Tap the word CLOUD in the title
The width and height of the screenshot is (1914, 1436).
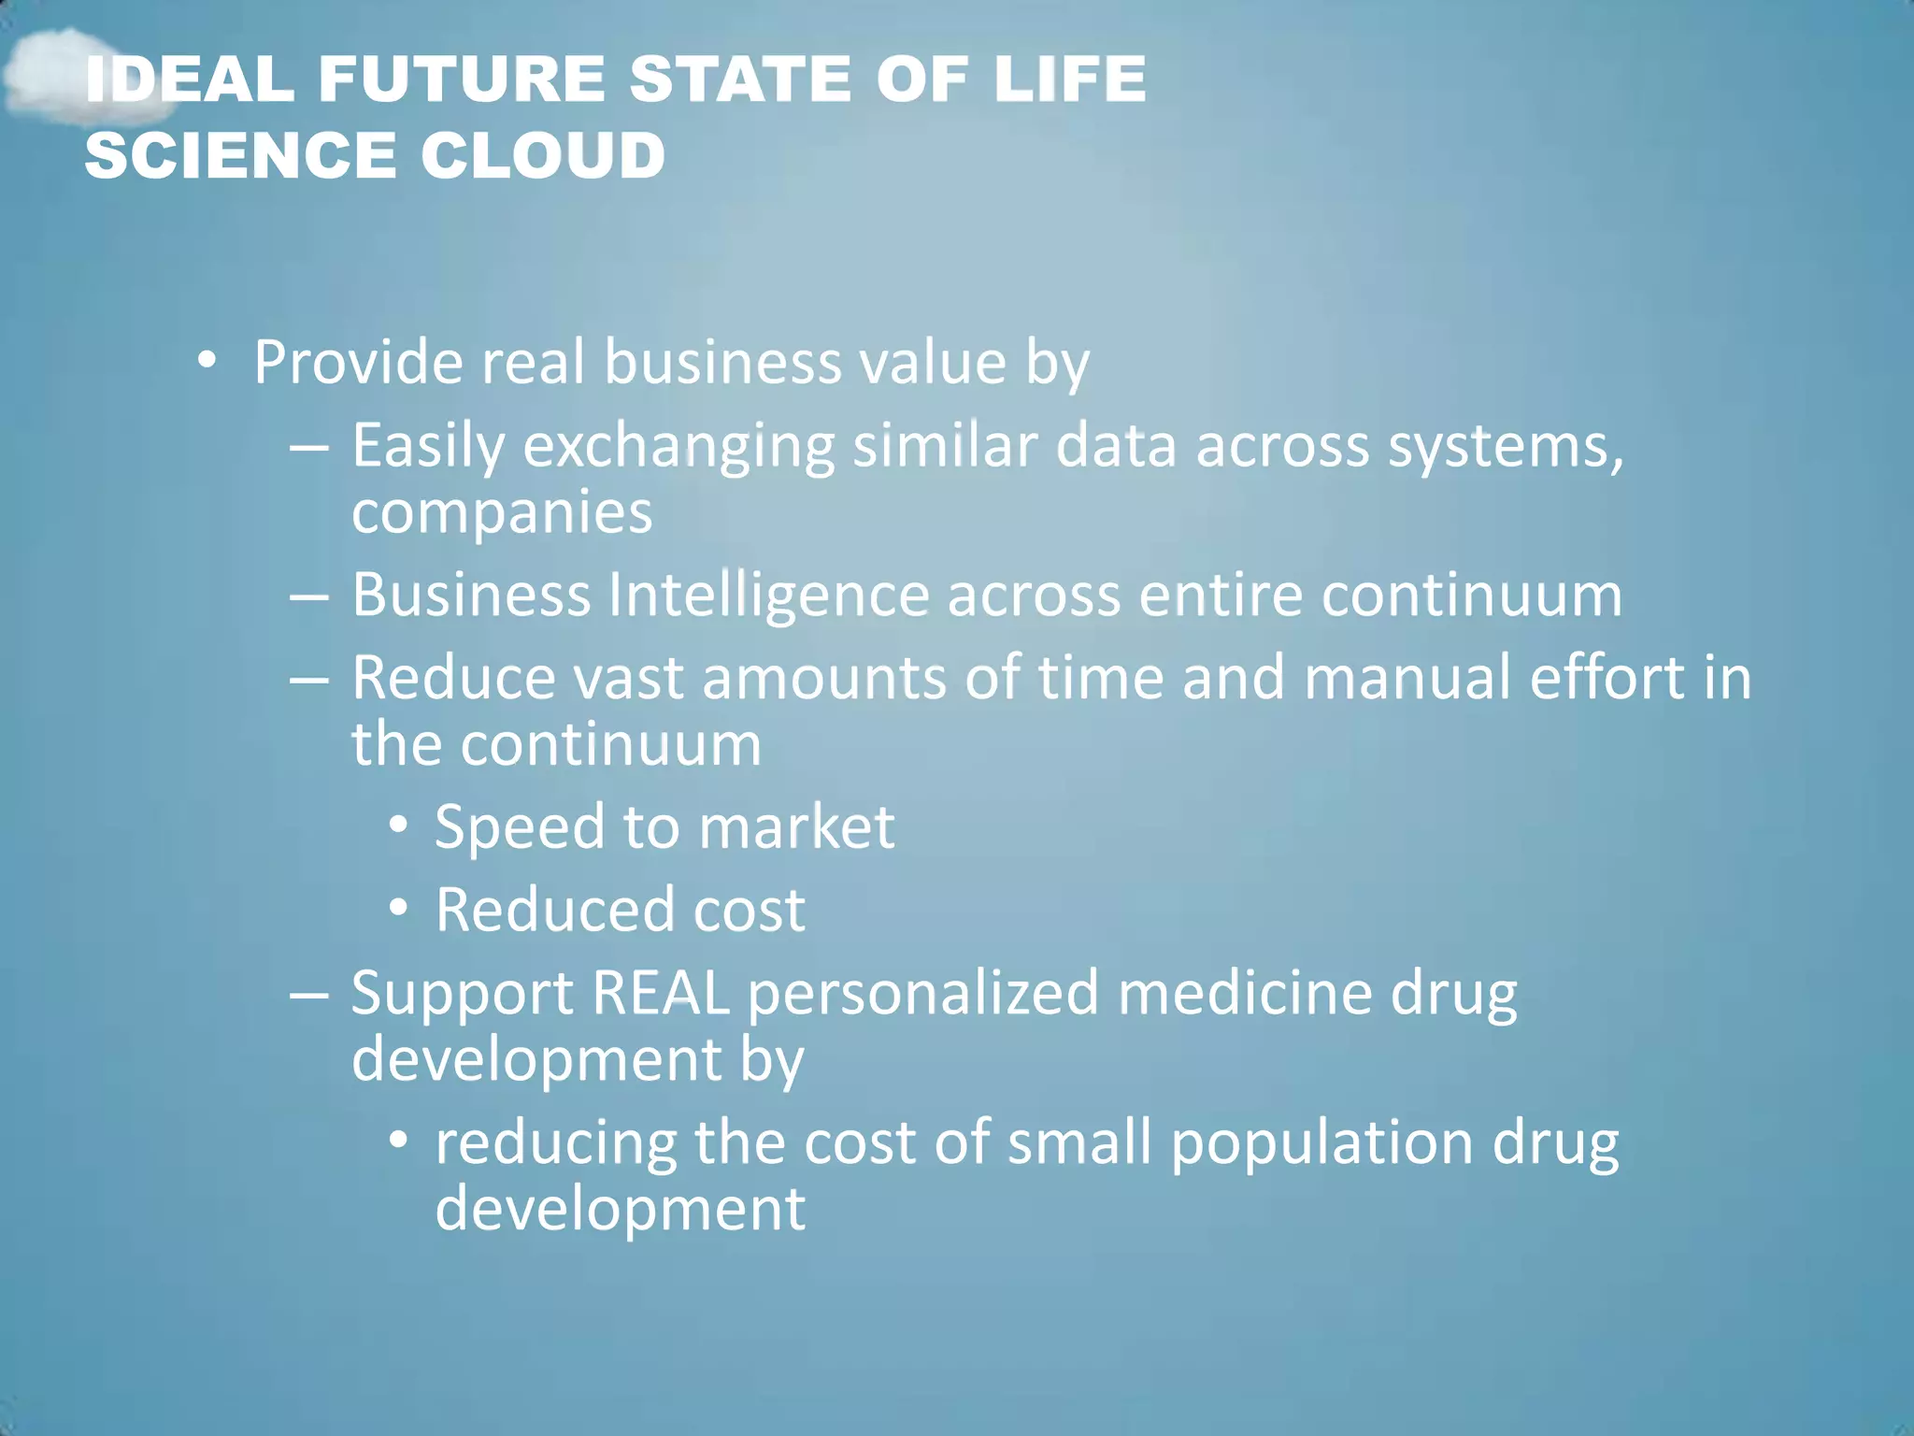click(x=543, y=155)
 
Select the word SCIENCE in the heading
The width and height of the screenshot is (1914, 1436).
click(x=244, y=155)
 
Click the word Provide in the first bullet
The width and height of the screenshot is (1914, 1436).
click(x=358, y=362)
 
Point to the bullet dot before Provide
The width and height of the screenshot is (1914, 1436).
click(x=207, y=360)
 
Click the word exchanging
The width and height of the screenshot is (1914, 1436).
click(x=678, y=446)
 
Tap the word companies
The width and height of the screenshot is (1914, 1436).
click(x=502, y=512)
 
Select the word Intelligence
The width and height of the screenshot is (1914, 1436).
click(x=768, y=595)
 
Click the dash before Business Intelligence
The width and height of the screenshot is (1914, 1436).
click(x=308, y=596)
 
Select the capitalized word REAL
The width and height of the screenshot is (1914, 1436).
click(x=660, y=993)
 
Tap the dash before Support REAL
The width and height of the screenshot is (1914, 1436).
click(x=308, y=993)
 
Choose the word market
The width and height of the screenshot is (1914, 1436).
click(x=796, y=827)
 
